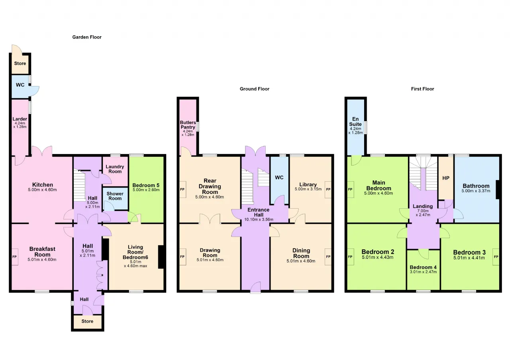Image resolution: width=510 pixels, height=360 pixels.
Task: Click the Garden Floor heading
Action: point(87,37)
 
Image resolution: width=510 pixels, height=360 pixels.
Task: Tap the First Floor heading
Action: point(422,89)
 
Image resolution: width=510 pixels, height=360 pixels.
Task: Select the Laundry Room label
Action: point(115,169)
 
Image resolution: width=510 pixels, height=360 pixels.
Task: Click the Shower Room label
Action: point(115,196)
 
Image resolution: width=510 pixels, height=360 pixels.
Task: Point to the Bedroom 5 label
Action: point(146,185)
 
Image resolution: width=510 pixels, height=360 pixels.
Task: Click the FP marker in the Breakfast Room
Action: point(14,257)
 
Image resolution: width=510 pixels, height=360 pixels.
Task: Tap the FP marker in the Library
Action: point(328,189)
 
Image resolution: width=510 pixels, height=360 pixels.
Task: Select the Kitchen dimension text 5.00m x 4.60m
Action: point(42,190)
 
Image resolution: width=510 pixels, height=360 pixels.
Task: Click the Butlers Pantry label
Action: point(188,125)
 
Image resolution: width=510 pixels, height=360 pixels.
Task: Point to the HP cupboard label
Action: point(446,178)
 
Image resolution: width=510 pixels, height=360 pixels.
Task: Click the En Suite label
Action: point(355,121)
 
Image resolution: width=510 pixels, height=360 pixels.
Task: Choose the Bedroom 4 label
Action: point(423,267)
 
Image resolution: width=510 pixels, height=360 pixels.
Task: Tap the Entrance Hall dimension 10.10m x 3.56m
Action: point(259,219)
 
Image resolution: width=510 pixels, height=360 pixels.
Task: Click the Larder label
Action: point(20,119)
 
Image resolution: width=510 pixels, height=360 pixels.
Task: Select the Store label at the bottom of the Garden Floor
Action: point(87,321)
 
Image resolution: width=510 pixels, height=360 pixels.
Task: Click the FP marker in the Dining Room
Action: point(328,257)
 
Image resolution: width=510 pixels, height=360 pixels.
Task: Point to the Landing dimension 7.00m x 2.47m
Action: point(423,213)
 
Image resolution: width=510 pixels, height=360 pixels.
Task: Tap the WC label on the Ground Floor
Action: point(279,178)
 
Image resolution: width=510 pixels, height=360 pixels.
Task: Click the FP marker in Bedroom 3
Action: point(496,257)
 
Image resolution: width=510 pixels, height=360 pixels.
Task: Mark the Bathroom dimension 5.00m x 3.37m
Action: point(476,191)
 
